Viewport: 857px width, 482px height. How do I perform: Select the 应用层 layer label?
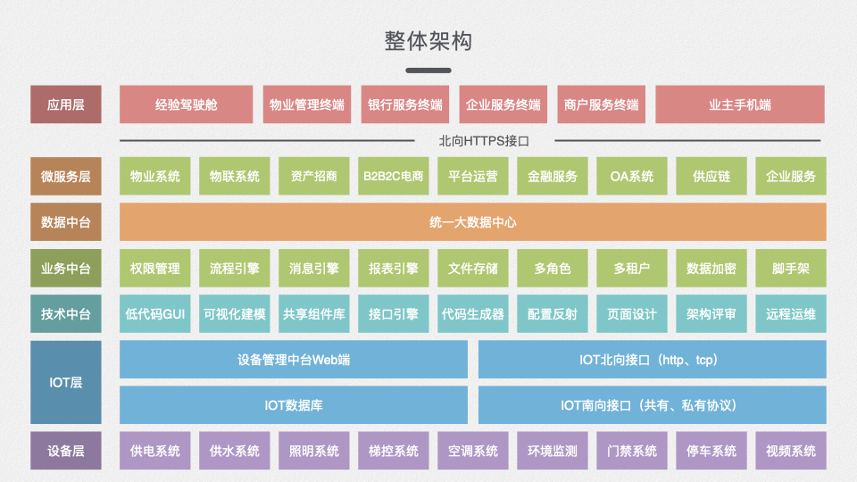[65, 104]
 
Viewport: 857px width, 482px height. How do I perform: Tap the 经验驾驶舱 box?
[186, 104]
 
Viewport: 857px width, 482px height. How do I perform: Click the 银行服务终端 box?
[404, 104]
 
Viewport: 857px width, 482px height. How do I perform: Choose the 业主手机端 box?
[739, 104]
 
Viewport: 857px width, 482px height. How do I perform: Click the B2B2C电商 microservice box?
[393, 176]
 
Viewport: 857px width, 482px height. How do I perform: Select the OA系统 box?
[631, 176]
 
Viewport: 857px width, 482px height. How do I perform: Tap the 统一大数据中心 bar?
[472, 222]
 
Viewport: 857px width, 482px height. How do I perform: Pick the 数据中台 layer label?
[65, 222]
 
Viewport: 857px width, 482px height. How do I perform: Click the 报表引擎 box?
[393, 268]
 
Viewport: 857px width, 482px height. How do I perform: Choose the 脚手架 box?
[790, 268]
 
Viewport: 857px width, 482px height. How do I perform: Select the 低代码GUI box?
[154, 314]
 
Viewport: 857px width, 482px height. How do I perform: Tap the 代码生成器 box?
[472, 314]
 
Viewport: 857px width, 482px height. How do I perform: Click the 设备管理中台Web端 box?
[293, 360]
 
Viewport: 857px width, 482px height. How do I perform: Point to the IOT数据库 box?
[293, 405]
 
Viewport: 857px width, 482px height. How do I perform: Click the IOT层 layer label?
[65, 382]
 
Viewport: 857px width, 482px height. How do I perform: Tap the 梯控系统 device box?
[393, 451]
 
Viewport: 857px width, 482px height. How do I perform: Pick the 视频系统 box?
[790, 451]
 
